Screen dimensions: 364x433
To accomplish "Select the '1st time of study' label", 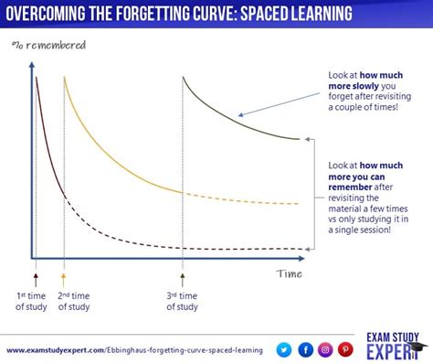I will tap(33, 300).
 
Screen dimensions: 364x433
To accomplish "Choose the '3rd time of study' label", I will tap(182, 300).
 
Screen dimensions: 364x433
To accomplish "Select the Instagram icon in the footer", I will tap(325, 348).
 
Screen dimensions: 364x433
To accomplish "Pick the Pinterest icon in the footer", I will tap(346, 348).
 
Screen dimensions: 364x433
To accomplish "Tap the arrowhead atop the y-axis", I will tap(30, 64).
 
